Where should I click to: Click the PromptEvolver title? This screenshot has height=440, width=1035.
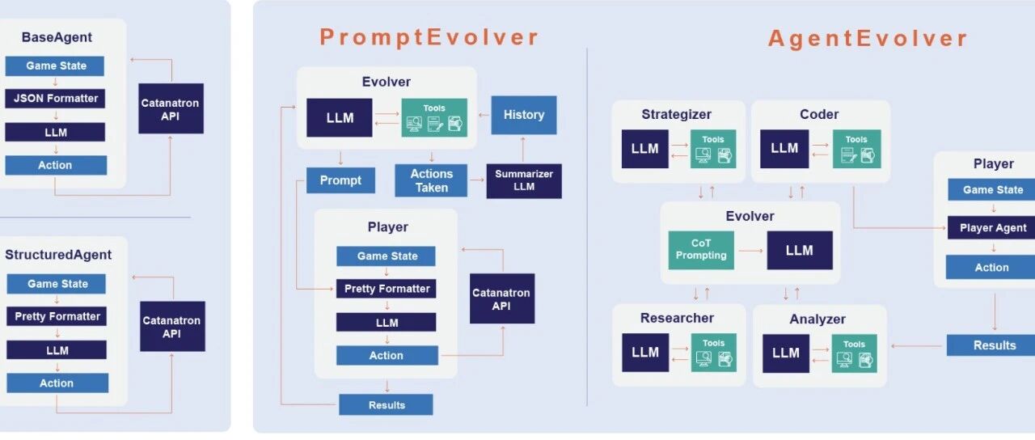429,37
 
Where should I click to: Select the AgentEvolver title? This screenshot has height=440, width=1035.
868,38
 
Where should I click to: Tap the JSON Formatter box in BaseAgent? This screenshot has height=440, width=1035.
56,99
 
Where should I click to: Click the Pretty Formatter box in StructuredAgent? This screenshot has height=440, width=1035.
57,316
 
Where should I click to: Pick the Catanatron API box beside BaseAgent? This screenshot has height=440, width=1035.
171,108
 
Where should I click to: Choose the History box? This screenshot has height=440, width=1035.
524,115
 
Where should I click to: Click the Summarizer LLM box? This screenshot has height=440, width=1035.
524,181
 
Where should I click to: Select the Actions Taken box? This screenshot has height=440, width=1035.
431,180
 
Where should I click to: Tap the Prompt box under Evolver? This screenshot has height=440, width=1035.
340,180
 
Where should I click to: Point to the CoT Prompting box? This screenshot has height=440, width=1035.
701,250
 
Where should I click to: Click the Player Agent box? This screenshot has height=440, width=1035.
993,228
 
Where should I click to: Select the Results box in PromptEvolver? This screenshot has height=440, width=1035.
386,404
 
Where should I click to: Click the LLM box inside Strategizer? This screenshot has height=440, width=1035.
644,149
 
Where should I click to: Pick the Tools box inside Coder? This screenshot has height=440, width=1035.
856,149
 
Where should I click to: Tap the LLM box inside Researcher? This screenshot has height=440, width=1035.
644,353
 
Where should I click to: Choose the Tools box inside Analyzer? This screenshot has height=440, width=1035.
855,353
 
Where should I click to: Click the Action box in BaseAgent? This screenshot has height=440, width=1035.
56,165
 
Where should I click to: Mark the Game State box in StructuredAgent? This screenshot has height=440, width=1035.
57,284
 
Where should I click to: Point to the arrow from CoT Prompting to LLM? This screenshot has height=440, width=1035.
750,251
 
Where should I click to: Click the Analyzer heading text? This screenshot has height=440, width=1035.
817,319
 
